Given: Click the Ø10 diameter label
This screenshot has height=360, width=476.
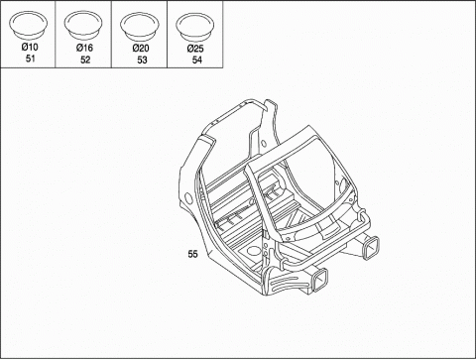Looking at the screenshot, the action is pos(30,47).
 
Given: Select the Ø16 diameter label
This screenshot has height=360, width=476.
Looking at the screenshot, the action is pos(84,48).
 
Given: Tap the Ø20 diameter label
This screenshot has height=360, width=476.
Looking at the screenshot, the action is pos(141,49).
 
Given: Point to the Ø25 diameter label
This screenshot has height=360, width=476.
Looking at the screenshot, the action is pos(195,49).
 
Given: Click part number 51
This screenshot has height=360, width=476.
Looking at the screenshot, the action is pos(30,59).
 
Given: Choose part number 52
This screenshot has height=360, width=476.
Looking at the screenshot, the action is pos(85,60).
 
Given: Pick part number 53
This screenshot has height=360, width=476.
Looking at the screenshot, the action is pos(142,60).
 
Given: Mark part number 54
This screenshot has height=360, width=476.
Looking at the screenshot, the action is pos(196,60).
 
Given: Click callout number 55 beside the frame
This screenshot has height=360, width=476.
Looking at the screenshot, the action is pos(192,254).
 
